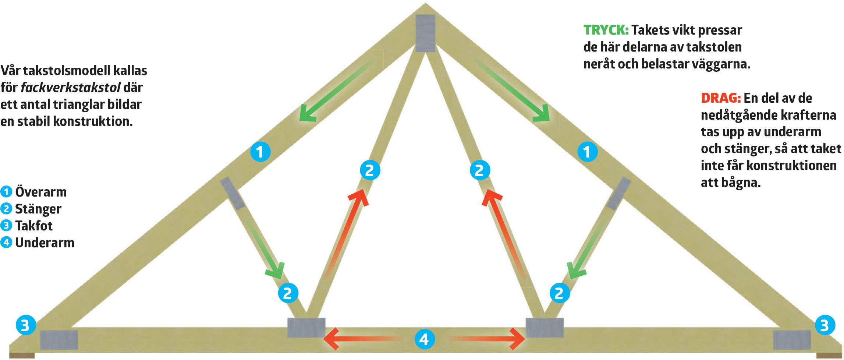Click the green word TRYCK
(606, 30)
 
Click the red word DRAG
(720, 98)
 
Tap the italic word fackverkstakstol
(70, 88)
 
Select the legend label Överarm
(41, 192)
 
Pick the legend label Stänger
(38, 209)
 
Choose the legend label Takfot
(34, 226)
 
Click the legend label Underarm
(45, 243)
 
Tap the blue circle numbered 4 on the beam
(424, 339)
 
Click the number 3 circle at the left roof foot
(25, 325)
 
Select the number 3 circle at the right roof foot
(825, 325)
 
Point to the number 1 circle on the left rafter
(260, 152)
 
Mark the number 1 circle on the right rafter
(587, 152)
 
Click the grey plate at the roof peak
(425, 33)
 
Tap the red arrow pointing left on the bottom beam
(361, 339)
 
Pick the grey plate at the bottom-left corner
(59, 340)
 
